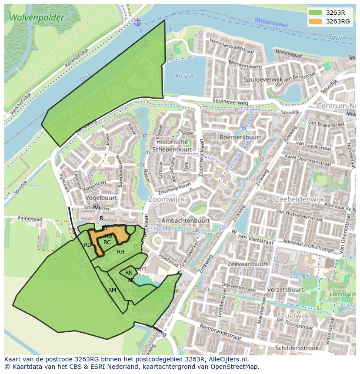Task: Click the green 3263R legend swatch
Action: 316,12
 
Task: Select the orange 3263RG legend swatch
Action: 316,21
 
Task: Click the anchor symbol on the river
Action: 137,22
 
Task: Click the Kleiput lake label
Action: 184,76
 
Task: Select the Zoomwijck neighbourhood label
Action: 167,199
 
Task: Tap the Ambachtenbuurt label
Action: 185,221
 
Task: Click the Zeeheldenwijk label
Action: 300,199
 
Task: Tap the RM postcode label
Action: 112,290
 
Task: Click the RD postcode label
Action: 88,245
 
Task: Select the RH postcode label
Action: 120,252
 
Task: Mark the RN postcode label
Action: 129,273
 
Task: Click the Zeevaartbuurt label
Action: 247,264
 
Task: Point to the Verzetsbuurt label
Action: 285,289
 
